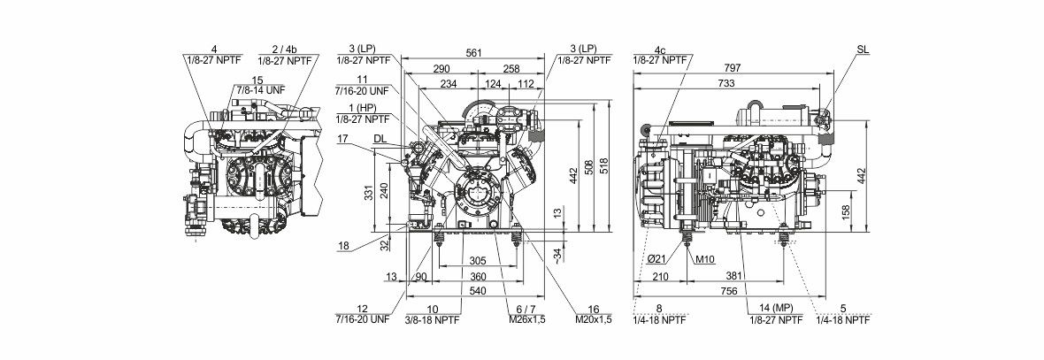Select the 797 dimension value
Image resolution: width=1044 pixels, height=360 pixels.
735,68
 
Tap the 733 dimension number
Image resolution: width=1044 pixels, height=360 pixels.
727,83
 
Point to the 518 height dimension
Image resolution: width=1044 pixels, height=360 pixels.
604,166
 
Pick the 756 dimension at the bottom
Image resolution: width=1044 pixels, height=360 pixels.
729,291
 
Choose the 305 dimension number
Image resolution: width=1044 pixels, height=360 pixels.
478,260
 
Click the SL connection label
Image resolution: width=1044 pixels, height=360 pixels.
863,50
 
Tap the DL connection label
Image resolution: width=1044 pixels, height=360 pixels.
380,138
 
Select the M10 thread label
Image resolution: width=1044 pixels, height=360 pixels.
705,259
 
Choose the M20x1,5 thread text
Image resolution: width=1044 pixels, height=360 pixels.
594,319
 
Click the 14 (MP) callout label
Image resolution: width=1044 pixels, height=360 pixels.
774,309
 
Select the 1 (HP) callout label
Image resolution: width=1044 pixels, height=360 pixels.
363,108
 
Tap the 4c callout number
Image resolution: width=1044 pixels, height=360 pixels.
660,50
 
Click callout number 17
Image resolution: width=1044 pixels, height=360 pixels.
343,138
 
